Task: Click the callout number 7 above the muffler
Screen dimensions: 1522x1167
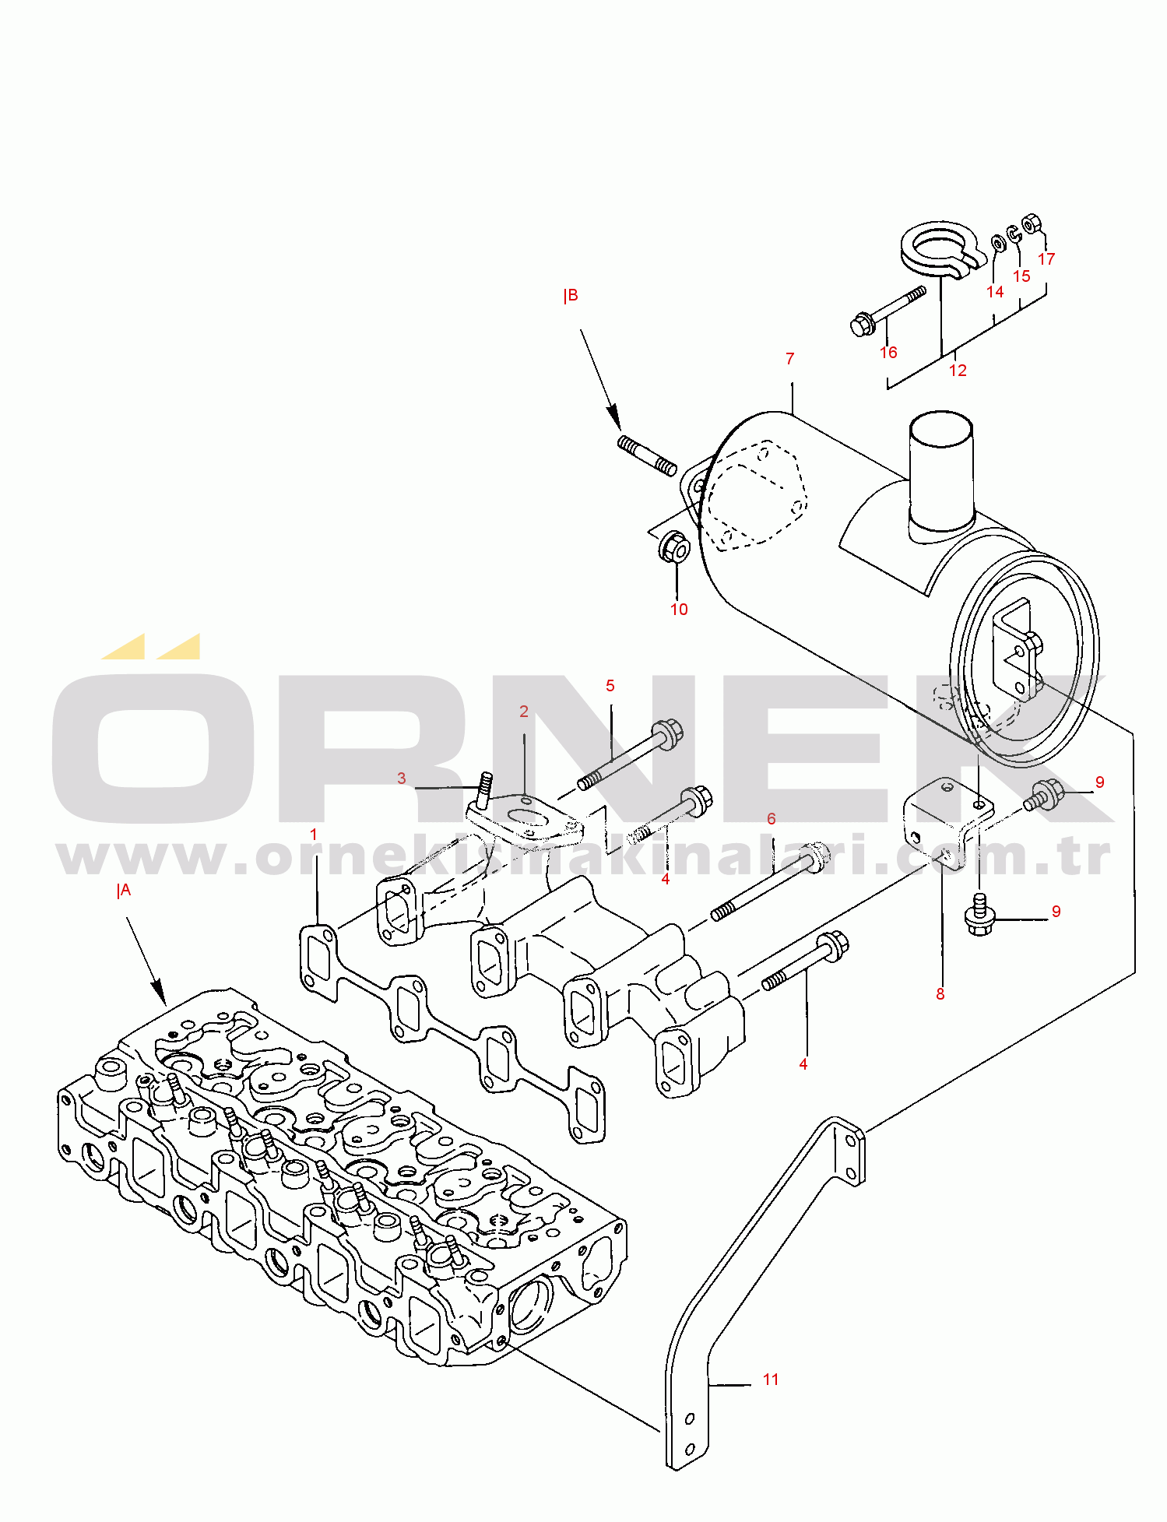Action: coord(789,359)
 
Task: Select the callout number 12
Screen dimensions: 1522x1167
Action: coord(958,371)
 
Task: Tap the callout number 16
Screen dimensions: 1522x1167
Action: coord(888,353)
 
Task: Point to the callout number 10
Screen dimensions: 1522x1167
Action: coord(679,610)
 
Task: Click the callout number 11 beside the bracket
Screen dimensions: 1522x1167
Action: coord(771,1380)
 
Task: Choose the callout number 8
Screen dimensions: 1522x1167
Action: coord(940,994)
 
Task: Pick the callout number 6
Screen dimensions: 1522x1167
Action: coord(772,819)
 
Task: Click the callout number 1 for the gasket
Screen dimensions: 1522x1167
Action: coord(314,835)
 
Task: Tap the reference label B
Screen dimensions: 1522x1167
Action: coord(571,296)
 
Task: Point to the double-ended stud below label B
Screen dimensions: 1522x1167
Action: coord(647,455)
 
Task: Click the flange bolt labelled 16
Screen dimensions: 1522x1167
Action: coord(861,324)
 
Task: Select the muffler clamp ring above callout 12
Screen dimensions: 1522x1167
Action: coord(937,249)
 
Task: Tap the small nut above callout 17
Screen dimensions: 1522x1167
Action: coord(1031,224)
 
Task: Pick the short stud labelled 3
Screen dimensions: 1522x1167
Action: coord(486,789)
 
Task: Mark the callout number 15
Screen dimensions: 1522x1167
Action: coord(1021,276)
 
